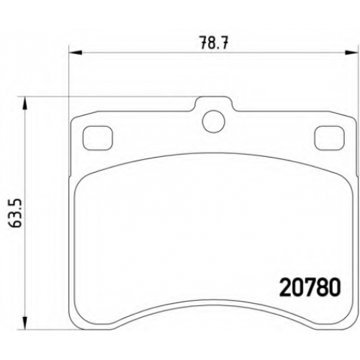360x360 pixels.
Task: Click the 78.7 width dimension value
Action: click(x=214, y=43)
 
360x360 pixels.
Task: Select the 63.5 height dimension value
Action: click(x=16, y=213)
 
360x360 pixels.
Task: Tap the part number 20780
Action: click(x=310, y=287)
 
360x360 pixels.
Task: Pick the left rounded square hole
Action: click(x=97, y=138)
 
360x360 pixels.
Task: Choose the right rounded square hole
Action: click(x=330, y=138)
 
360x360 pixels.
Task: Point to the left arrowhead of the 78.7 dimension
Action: click(x=76, y=53)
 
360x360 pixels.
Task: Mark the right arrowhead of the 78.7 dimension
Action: click(x=351, y=53)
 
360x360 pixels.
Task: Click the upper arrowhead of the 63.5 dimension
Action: click(x=25, y=104)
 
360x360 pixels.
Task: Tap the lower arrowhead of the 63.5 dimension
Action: click(x=25, y=323)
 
